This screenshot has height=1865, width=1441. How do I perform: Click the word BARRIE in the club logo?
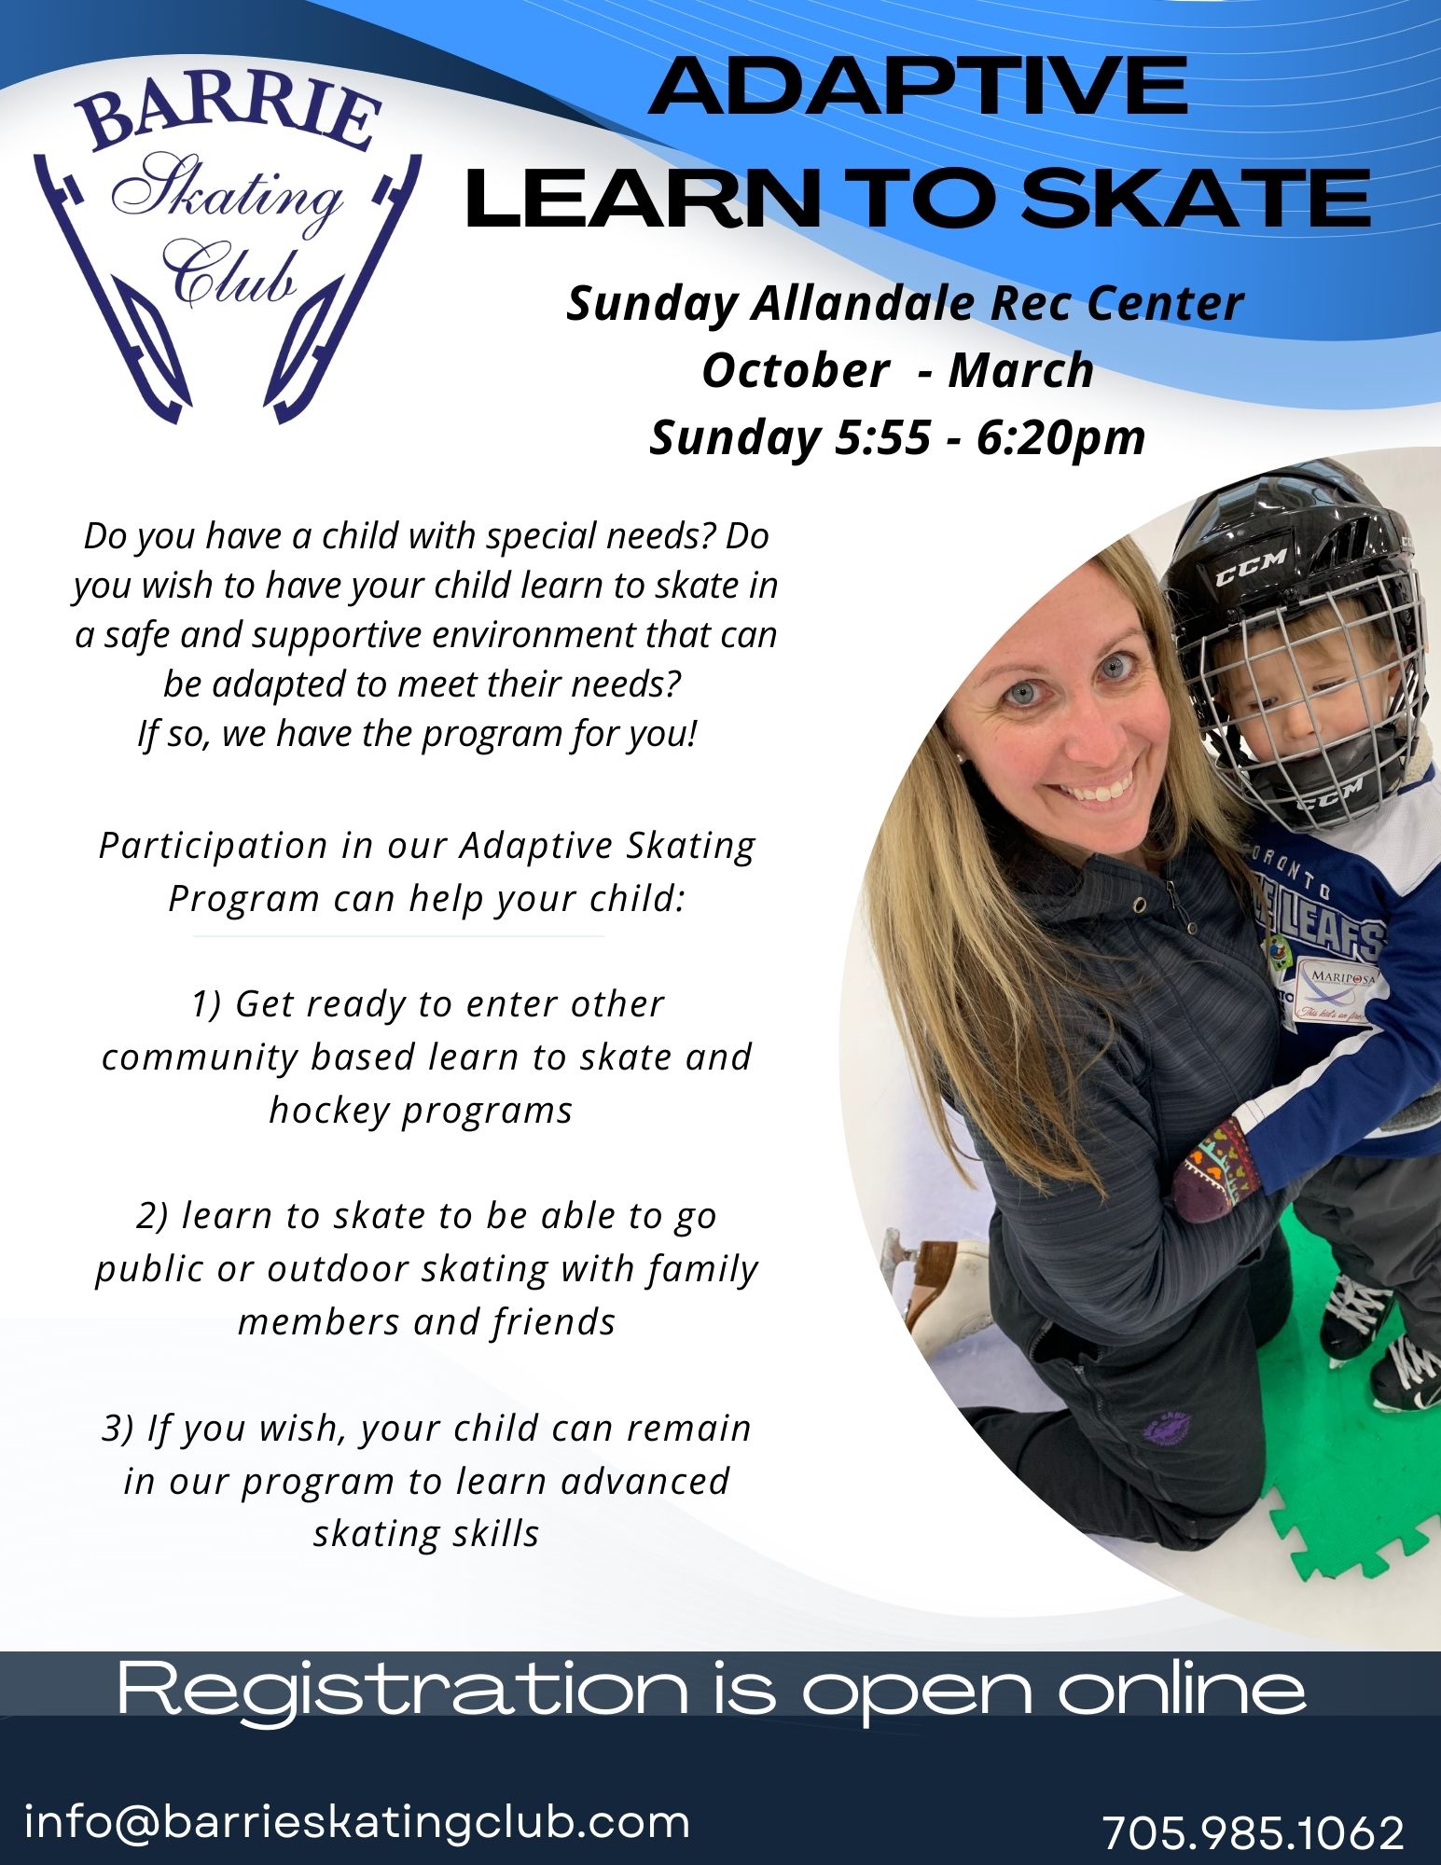229,117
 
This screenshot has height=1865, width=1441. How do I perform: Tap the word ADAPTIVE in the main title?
918,86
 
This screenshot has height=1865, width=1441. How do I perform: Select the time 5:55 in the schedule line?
881,436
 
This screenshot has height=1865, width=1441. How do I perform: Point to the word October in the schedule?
795,370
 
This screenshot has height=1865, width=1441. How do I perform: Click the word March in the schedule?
1020,370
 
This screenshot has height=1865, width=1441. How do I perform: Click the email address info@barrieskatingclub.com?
356,1820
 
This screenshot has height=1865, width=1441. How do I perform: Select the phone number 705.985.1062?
1253,1831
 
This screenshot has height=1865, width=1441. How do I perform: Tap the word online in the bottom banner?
1180,1688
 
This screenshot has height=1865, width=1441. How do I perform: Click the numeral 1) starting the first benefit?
206,1004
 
